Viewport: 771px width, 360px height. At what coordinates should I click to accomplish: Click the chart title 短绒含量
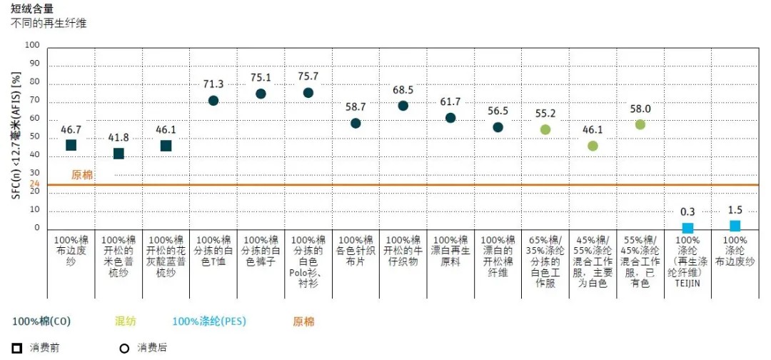coord(32,9)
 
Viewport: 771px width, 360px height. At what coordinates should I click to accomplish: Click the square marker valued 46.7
coord(71,145)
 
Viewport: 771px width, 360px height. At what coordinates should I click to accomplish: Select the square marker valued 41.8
coord(119,154)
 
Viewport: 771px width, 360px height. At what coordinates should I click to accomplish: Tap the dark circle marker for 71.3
coord(213,100)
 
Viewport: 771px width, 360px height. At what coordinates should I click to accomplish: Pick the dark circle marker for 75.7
coord(308,93)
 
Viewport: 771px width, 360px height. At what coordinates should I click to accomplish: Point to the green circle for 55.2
coord(545,129)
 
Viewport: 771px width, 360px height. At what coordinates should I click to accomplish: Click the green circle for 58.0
coord(640,124)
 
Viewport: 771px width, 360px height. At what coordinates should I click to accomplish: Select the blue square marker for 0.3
coord(687,228)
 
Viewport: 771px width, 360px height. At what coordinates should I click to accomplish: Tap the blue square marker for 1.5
coord(735,226)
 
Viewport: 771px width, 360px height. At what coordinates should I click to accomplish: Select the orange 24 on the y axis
coord(34,184)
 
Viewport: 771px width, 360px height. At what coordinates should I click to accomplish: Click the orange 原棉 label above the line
coord(82,174)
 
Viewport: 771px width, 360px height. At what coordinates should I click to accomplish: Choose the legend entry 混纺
coord(125,321)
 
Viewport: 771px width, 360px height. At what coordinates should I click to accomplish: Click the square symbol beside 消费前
coord(18,348)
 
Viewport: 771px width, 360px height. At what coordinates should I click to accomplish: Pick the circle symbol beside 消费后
coord(124,348)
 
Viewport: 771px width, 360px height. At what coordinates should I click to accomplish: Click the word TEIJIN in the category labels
coord(687,282)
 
